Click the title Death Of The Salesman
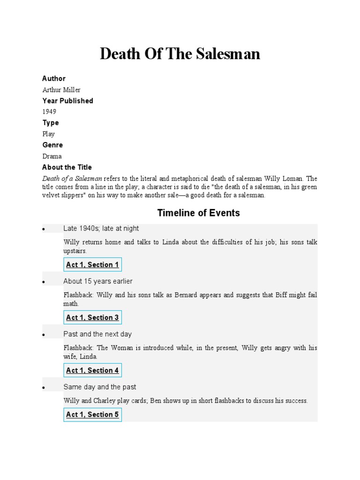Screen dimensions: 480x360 [180, 54]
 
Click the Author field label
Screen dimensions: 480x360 [54, 78]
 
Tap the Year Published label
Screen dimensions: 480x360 [67, 101]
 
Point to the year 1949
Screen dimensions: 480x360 [49, 112]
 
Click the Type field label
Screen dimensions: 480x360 [51, 123]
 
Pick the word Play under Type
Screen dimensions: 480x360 [49, 134]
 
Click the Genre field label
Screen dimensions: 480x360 [52, 145]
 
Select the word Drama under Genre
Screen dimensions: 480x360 [52, 156]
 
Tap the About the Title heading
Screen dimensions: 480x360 [67, 167]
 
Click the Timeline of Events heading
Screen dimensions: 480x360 [199, 213]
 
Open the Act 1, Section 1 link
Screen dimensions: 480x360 [93, 265]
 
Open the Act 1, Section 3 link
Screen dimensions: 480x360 [93, 318]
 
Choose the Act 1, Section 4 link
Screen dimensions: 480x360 [93, 371]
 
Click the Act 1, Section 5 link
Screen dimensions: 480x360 [93, 414]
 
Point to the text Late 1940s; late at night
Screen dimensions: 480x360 [101, 228]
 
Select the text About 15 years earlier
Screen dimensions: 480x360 [98, 281]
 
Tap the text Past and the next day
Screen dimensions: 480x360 [97, 334]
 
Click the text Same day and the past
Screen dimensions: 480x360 [100, 387]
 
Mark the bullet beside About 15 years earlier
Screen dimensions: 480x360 [43, 282]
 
